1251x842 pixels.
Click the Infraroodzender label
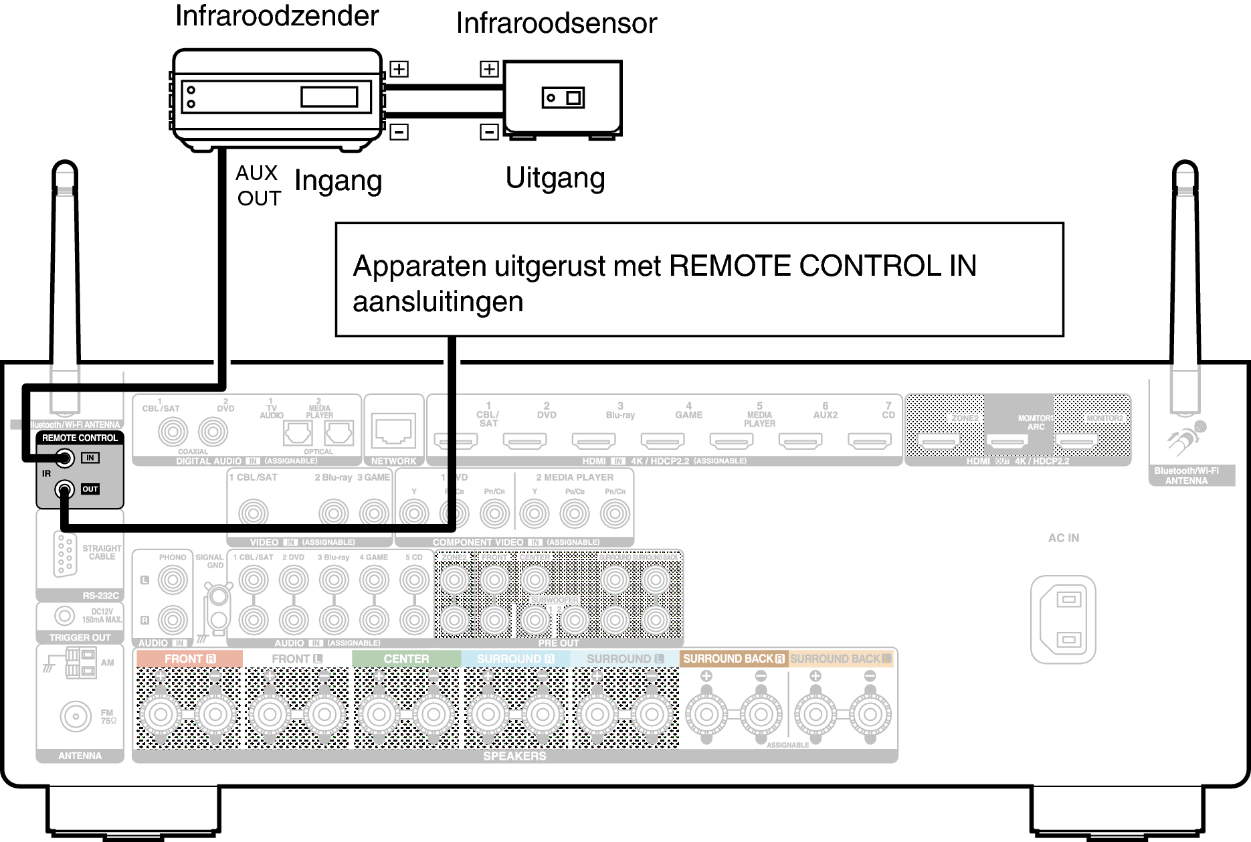click(277, 16)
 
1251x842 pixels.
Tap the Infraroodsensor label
click(556, 23)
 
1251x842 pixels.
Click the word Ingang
click(338, 181)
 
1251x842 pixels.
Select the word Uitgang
click(555, 179)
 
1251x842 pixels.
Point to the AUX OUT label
click(258, 185)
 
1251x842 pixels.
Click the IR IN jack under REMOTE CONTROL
click(65, 458)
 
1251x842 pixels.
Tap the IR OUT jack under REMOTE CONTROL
click(65, 489)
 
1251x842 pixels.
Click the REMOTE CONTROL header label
click(80, 438)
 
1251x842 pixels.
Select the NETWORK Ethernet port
click(393, 430)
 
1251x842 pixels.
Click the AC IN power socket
click(1063, 619)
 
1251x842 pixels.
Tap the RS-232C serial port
click(64, 555)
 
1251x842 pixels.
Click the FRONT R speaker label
click(189, 659)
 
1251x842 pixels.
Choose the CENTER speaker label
click(406, 659)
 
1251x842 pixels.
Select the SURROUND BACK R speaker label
click(733, 659)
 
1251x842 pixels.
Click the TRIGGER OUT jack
click(64, 615)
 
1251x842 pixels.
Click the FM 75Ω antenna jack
click(76, 715)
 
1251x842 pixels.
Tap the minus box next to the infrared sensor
click(489, 132)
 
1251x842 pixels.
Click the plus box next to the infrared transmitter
click(399, 69)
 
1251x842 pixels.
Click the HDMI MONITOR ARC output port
click(1007, 442)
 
